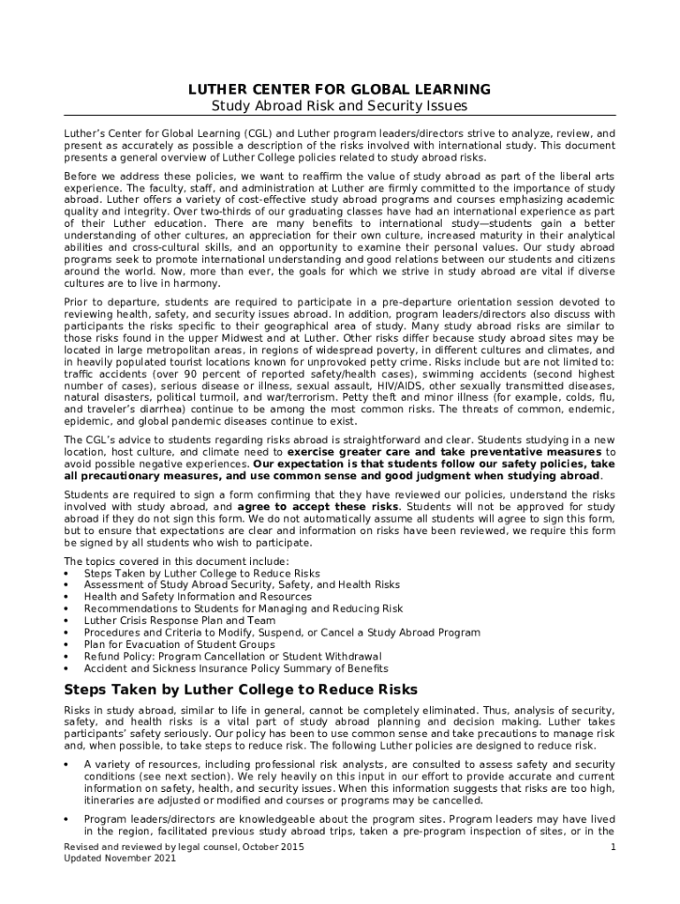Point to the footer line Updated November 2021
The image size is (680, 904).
(x=114, y=859)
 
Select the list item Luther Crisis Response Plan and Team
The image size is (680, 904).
(x=179, y=621)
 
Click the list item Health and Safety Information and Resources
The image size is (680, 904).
(x=198, y=597)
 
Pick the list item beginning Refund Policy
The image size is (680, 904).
(x=233, y=657)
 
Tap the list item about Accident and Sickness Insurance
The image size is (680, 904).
(x=236, y=668)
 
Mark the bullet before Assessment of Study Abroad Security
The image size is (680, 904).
(x=69, y=585)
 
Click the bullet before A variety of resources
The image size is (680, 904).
(x=69, y=764)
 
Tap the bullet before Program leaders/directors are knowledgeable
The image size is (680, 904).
(x=69, y=818)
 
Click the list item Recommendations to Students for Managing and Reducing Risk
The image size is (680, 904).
(x=243, y=609)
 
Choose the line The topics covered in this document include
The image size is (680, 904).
(x=177, y=561)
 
